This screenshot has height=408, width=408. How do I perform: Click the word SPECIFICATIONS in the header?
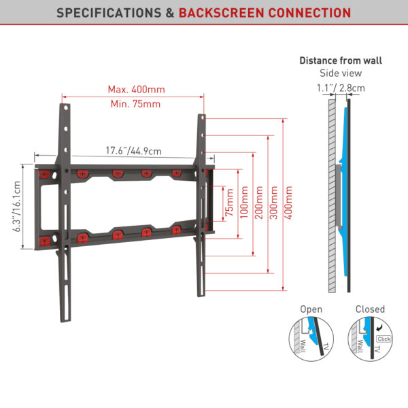[x=109, y=13]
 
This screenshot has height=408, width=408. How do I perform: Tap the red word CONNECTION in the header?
[x=309, y=13]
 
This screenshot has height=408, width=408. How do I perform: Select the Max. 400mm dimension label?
[x=137, y=90]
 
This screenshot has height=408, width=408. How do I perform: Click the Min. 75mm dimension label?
[x=135, y=104]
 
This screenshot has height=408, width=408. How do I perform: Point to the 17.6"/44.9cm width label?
[x=133, y=151]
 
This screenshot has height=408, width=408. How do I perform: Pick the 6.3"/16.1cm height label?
[x=17, y=206]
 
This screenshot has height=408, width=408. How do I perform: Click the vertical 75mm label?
[x=230, y=203]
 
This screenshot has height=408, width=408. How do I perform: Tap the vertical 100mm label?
[x=244, y=203]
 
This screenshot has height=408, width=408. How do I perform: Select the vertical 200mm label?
[x=259, y=203]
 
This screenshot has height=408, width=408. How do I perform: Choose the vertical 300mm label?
[x=273, y=203]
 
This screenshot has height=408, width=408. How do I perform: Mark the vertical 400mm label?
[x=288, y=203]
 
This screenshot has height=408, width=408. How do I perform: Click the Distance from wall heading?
[x=341, y=61]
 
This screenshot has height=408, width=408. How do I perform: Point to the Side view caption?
[x=341, y=73]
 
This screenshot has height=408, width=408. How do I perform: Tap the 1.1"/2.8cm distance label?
[x=341, y=88]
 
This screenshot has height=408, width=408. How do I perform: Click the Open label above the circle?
[x=311, y=309]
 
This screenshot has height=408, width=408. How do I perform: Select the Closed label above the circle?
[x=370, y=309]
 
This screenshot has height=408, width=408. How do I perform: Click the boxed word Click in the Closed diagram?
[x=384, y=339]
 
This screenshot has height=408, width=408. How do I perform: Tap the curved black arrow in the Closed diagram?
[x=379, y=328]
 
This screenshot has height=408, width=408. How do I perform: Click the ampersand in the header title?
[x=170, y=13]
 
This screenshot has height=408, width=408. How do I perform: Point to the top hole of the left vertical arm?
[x=65, y=107]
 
